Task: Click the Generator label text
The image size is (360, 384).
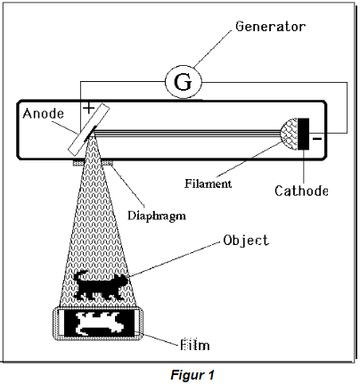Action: click(270, 27)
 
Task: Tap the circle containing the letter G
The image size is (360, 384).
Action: click(184, 81)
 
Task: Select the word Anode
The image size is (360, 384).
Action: click(44, 113)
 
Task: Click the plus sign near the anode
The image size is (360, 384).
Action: click(88, 108)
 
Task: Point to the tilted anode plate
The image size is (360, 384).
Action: click(89, 129)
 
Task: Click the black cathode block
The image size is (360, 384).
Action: click(303, 134)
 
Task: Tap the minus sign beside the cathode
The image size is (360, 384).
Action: click(317, 138)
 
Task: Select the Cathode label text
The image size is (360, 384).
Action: click(301, 191)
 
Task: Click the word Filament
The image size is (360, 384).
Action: click(208, 184)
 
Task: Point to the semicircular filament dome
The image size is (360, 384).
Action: click(289, 134)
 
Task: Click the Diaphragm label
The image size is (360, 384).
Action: click(157, 216)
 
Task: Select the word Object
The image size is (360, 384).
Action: click(246, 241)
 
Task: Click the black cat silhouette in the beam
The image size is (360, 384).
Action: click(101, 285)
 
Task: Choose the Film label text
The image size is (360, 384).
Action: click(195, 345)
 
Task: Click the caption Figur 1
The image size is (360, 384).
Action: click(192, 375)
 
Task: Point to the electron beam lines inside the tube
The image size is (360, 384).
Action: click(188, 133)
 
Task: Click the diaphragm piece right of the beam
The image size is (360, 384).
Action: click(108, 162)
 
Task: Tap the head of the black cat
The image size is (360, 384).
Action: click(122, 281)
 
